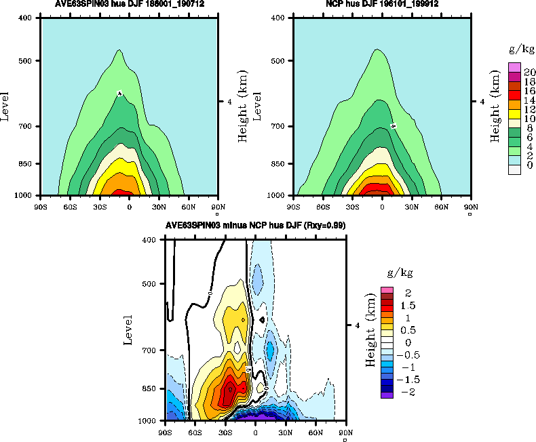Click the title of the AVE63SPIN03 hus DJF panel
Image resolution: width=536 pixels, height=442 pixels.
pos(130,4)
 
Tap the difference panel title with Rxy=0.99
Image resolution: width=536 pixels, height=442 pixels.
pos(254,226)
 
